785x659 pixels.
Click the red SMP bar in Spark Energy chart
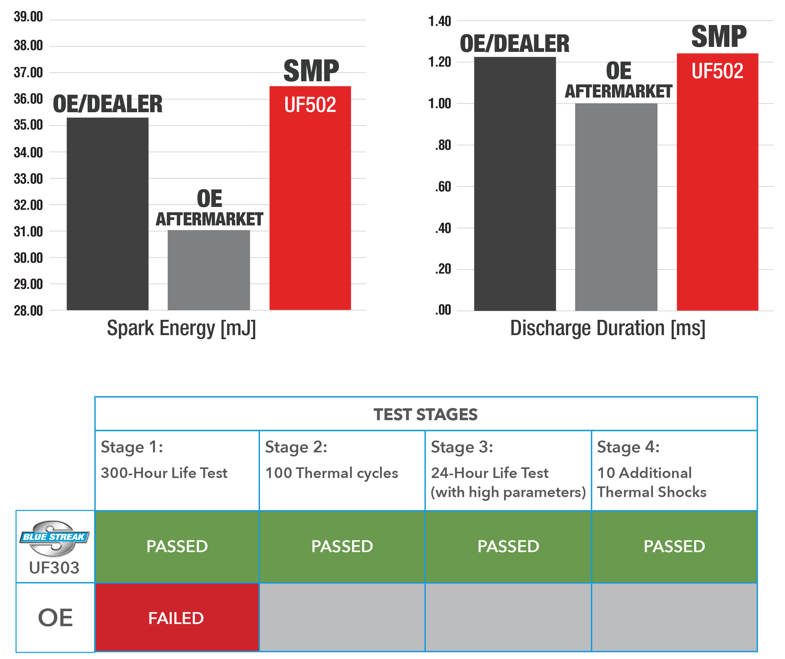310,209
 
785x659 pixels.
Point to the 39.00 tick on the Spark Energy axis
28,17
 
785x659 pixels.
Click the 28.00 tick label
28,310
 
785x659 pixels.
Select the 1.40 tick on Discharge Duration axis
440,21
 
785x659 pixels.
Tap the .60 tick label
443,187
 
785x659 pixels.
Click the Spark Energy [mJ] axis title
181,328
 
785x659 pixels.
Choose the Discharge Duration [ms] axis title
608,328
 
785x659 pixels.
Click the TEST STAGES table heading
425,415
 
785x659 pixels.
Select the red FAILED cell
176,618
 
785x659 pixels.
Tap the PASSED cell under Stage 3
508,546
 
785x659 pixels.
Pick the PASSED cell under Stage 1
177,546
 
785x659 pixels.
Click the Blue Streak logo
55,537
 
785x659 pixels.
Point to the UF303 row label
55,568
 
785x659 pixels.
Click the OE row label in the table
55,617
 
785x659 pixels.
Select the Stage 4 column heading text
628,447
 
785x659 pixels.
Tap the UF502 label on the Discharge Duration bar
717,71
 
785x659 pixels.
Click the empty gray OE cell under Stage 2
342,617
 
